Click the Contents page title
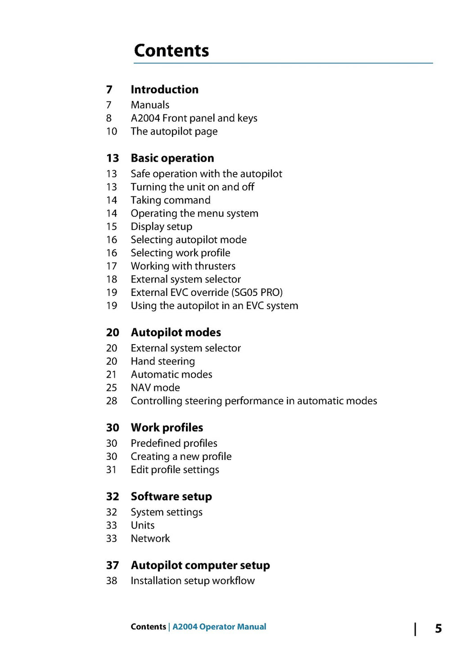coord(172,50)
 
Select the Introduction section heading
coord(164,90)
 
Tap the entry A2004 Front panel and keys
coord(194,118)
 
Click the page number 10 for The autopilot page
coord(112,132)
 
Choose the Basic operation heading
coord(172,158)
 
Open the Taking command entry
coord(171,200)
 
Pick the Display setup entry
coord(162,227)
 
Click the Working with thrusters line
coord(183,266)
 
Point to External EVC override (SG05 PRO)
coord(207,292)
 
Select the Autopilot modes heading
coord(176,332)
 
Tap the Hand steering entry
coord(163,361)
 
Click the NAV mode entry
coord(155,388)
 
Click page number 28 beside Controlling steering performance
coord(112,401)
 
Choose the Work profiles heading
coord(167,427)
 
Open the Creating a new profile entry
coord(181,456)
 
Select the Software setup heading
coord(172,496)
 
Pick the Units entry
coord(143,525)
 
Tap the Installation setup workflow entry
coord(193,581)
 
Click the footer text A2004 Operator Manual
coord(219,627)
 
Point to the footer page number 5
coord(438,628)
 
